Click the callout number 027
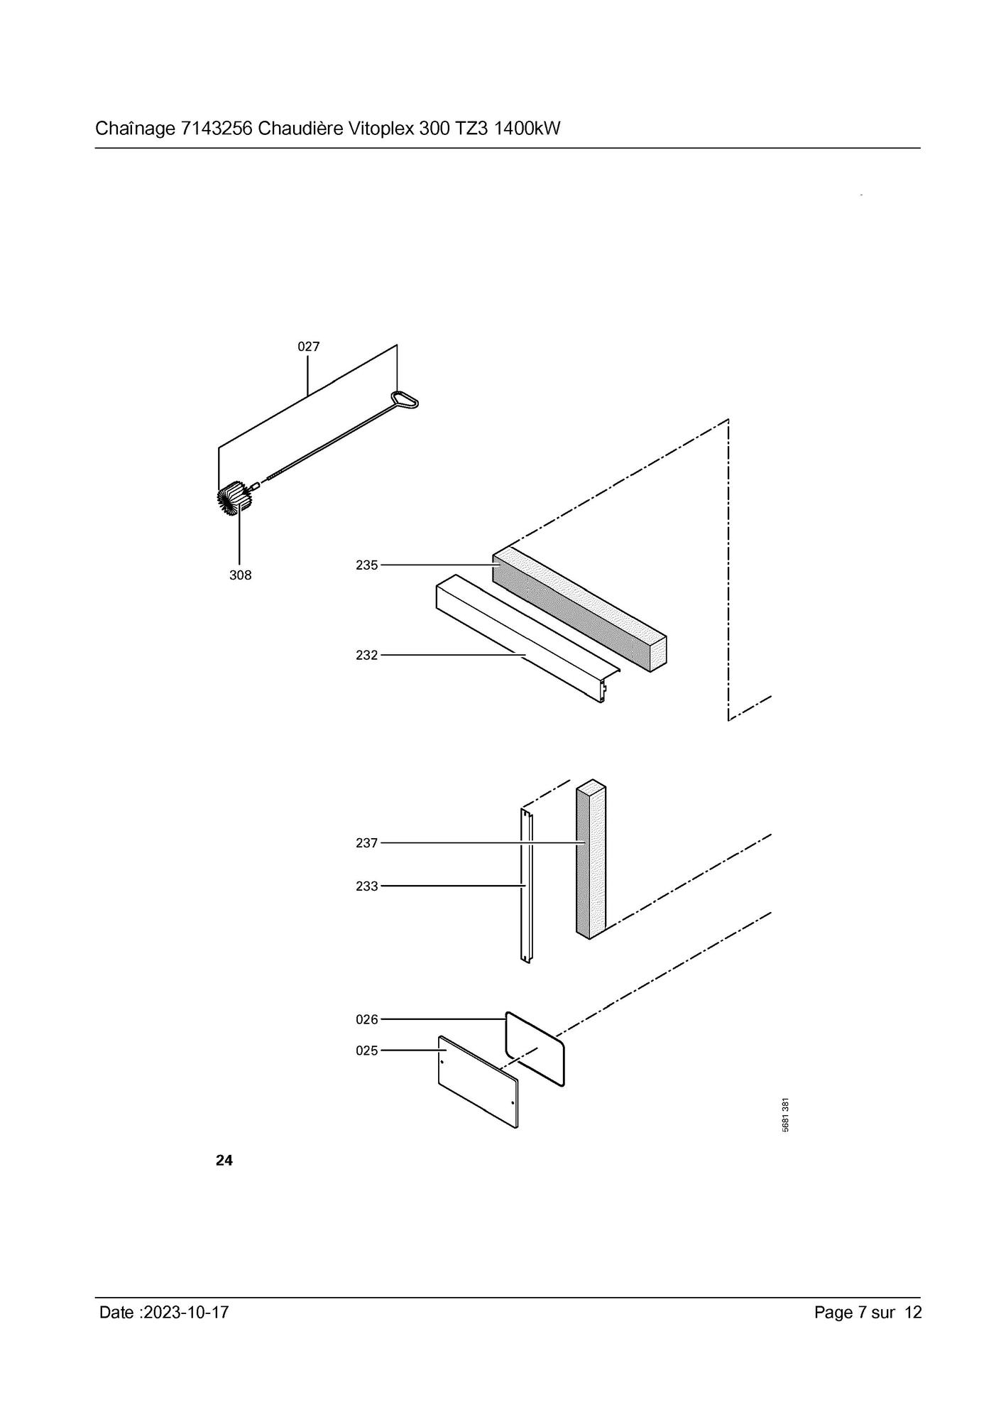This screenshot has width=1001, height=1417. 308,347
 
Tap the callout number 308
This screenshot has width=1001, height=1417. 240,575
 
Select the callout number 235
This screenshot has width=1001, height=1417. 367,565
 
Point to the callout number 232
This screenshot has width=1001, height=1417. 367,655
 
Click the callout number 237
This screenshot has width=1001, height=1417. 367,843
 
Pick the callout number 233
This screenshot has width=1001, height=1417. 367,886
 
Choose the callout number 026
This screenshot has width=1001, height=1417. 367,1019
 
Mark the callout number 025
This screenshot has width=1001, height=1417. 367,1050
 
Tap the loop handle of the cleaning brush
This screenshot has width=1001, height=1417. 405,400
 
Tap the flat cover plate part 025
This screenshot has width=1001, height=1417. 478,1081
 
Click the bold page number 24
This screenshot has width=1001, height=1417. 224,1160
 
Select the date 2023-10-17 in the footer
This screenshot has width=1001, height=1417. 186,1313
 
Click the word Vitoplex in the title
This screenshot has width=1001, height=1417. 381,129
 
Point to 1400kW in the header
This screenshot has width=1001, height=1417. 527,129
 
